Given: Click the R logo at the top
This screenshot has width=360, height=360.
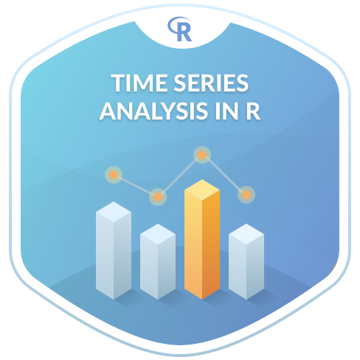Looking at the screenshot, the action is (180, 29).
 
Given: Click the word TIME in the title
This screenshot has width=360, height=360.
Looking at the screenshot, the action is (140, 83).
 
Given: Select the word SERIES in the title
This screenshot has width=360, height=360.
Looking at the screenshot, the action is (212, 83).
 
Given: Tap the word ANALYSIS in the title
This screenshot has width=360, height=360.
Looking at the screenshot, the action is (154, 111).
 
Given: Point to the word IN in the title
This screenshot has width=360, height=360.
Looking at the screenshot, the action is (226, 111).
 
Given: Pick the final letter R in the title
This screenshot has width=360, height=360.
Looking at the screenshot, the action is (253, 111).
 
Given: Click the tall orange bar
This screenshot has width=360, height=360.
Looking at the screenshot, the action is (202, 239).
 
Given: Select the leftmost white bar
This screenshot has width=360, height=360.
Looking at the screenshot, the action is (114, 250).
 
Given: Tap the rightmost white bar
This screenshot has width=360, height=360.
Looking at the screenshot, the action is (246, 261).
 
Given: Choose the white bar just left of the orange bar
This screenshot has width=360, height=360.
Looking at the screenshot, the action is (158, 261).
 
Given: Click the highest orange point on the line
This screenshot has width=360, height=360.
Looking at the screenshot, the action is (202, 155).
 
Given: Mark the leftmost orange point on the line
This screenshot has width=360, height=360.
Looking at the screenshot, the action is (114, 175).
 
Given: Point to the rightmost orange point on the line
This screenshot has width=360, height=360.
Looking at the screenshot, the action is (246, 195).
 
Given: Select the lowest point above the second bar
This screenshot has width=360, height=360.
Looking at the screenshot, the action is (158, 197).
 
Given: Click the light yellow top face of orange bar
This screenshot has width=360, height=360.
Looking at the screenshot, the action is (202, 190).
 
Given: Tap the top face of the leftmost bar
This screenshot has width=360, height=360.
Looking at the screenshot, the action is (114, 212).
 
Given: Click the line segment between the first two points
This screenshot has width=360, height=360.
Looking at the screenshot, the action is (136, 186).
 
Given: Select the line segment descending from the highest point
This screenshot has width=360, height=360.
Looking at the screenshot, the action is (224, 175).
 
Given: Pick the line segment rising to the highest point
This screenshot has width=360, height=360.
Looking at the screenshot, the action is (180, 176).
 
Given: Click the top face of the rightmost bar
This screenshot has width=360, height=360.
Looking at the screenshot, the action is (246, 234).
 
